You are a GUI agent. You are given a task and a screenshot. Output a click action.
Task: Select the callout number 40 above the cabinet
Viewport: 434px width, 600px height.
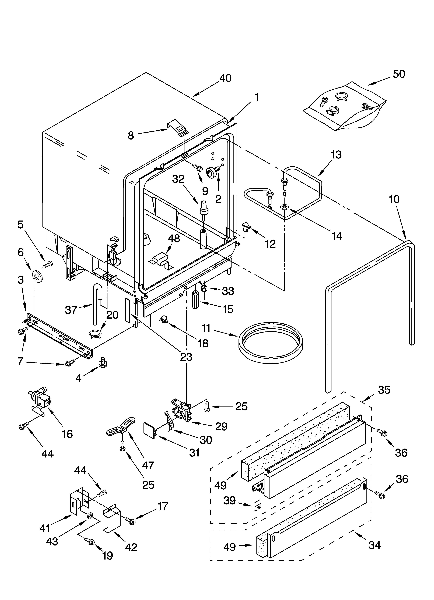coord(225,78)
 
